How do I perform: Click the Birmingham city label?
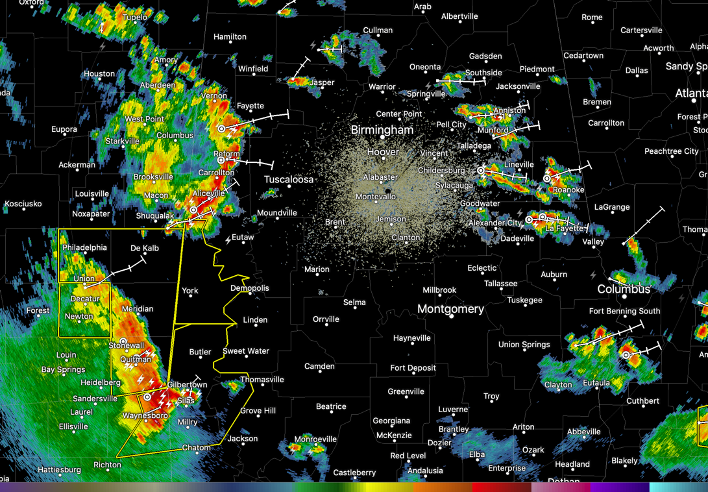tap(382, 130)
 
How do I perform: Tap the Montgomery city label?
tap(450, 309)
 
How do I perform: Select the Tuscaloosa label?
tap(289, 179)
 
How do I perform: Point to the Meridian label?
tap(138, 309)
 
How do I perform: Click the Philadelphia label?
tap(84, 247)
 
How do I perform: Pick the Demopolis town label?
tap(250, 288)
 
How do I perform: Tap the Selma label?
tap(354, 302)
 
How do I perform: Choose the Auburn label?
tap(554, 275)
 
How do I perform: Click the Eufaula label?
tap(596, 383)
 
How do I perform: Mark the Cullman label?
tap(378, 31)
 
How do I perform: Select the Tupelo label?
tap(135, 17)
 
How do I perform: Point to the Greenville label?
tap(406, 391)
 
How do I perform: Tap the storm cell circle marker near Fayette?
tap(221, 129)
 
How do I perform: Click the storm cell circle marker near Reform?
tap(221, 160)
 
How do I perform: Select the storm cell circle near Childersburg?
tap(481, 171)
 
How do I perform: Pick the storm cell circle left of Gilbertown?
tap(148, 397)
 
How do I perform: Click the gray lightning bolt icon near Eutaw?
tap(228, 240)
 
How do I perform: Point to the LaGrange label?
tap(612, 207)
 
